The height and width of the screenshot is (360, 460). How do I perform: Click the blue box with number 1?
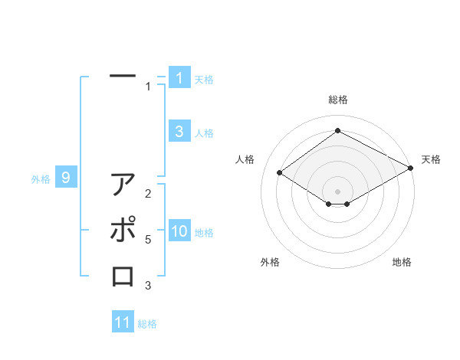coord(179,78)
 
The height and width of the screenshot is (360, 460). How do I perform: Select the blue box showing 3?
coord(179,132)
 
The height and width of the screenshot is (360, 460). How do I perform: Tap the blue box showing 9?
coord(66,178)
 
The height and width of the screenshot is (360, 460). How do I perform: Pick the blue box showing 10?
coord(179,232)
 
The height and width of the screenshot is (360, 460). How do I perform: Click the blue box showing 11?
coord(123,322)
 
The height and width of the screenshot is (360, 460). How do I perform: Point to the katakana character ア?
coord(123,185)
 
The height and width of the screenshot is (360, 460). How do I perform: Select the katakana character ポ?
coord(123,230)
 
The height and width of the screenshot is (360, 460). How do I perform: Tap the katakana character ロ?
coord(123,276)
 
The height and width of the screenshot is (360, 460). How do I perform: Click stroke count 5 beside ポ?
coord(148,240)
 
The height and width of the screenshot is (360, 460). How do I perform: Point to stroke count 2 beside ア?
coord(148,194)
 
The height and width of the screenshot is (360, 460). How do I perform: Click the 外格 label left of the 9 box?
coord(41,179)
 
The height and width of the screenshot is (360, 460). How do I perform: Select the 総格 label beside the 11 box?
coord(147,324)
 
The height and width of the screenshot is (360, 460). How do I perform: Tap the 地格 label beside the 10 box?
coord(204,233)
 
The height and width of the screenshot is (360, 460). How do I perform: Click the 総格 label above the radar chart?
coord(337,100)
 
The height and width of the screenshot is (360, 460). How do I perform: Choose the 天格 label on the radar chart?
coord(431,159)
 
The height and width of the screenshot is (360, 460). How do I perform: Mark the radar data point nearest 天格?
coord(411,169)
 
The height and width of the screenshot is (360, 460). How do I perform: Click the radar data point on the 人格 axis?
coord(280,173)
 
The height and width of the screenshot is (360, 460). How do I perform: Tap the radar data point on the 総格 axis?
coord(337,131)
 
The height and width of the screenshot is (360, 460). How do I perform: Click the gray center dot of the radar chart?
coord(337,191)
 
